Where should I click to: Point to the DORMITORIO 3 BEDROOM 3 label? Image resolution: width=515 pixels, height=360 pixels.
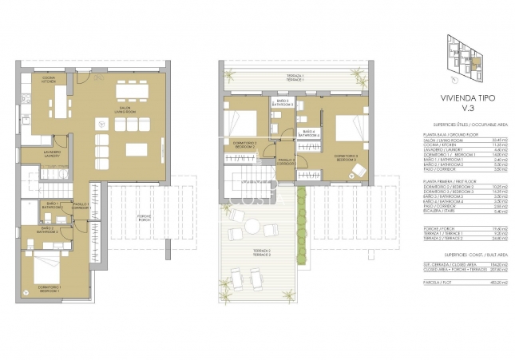click(x=346, y=156)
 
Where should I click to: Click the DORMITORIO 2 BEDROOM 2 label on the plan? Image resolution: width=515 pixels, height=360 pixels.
click(x=243, y=145)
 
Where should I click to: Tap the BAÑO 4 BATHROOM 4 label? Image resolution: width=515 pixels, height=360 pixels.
click(x=309, y=134)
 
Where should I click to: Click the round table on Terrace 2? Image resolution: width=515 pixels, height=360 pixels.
click(x=252, y=227)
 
